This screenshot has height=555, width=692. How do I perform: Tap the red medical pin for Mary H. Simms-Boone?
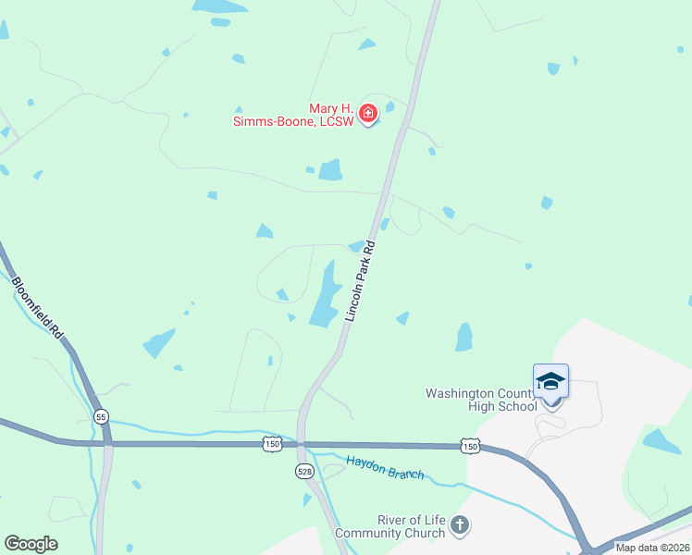[x=367, y=114]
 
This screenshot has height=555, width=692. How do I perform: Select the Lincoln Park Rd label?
[x=360, y=281]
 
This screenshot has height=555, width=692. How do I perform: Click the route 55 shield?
[x=100, y=417]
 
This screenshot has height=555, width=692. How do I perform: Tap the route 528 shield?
[x=304, y=472]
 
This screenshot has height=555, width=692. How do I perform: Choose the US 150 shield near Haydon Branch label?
[x=271, y=445]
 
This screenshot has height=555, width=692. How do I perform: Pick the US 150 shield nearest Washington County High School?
[x=472, y=447]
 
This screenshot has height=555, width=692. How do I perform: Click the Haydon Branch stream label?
[x=385, y=467]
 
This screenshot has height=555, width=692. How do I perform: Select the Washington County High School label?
[x=480, y=400]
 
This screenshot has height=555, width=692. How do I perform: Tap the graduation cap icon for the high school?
[x=550, y=382]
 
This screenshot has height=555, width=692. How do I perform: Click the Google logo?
[x=31, y=544]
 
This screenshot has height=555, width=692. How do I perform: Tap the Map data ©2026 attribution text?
[x=653, y=548]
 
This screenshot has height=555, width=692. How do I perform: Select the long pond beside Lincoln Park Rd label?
[x=325, y=294]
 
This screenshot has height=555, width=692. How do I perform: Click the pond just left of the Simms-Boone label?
[x=330, y=170]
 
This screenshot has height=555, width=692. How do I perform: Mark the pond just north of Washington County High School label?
[x=463, y=338]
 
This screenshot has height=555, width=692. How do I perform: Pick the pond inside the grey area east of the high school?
[x=662, y=441]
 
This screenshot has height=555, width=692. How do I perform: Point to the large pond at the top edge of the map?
[x=220, y=6]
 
